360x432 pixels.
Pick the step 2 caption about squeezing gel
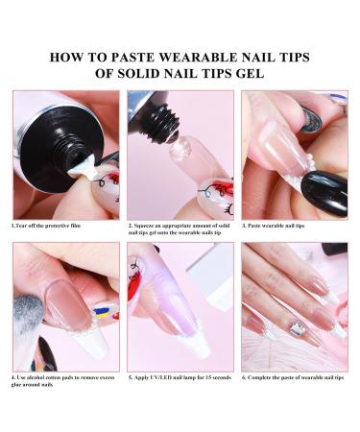point(180,231)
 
